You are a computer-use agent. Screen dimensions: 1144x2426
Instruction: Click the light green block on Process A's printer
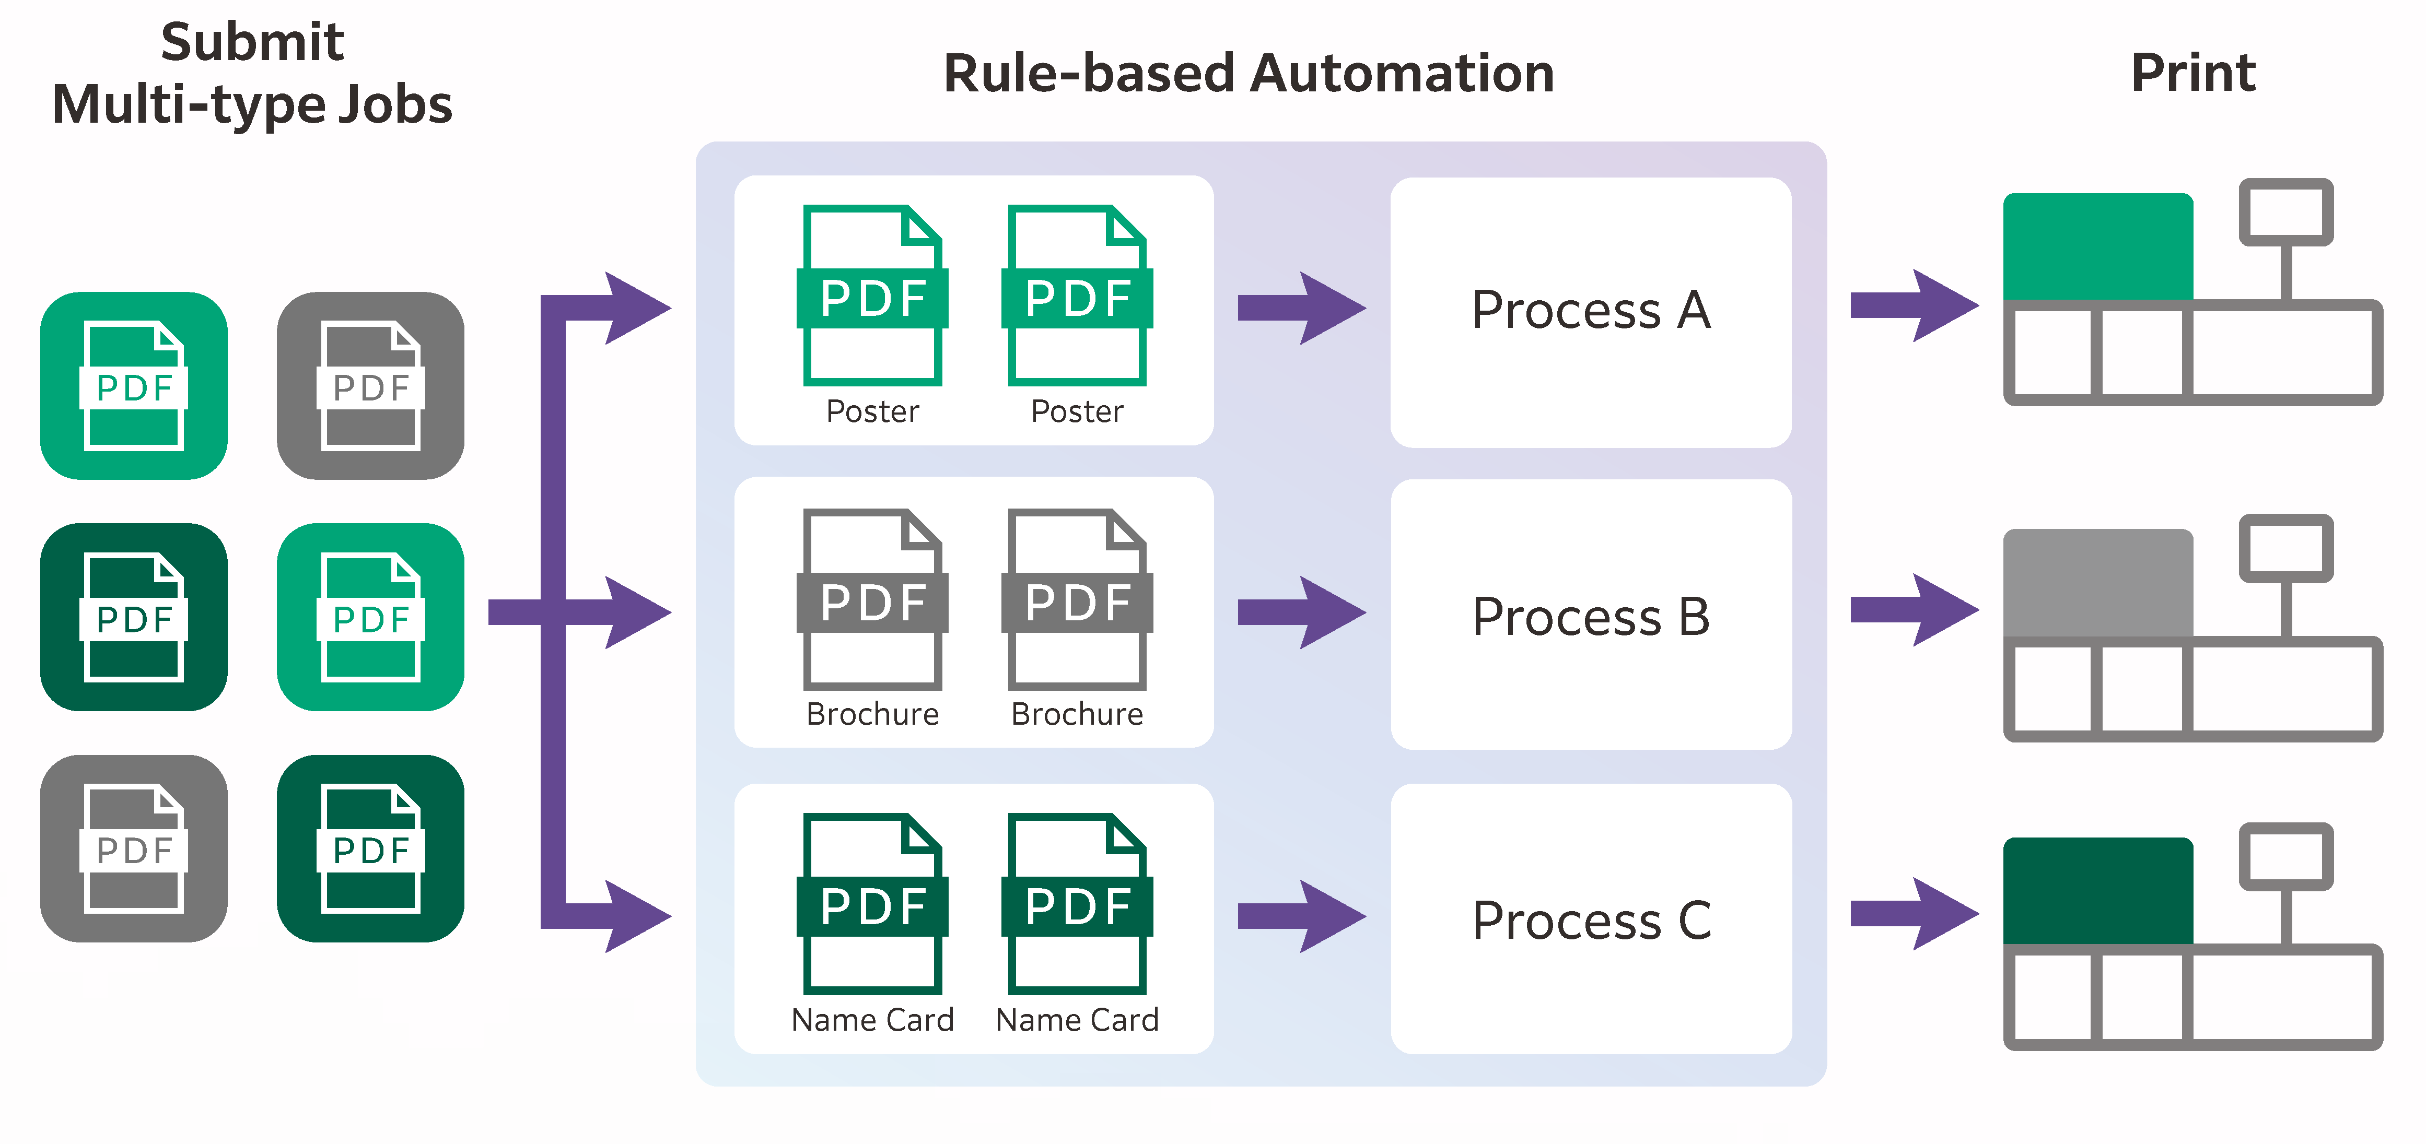click(x=2097, y=246)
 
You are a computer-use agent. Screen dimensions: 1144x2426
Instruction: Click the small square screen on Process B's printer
click(x=2285, y=548)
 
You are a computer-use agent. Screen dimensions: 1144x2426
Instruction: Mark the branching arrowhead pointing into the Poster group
click(x=636, y=308)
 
